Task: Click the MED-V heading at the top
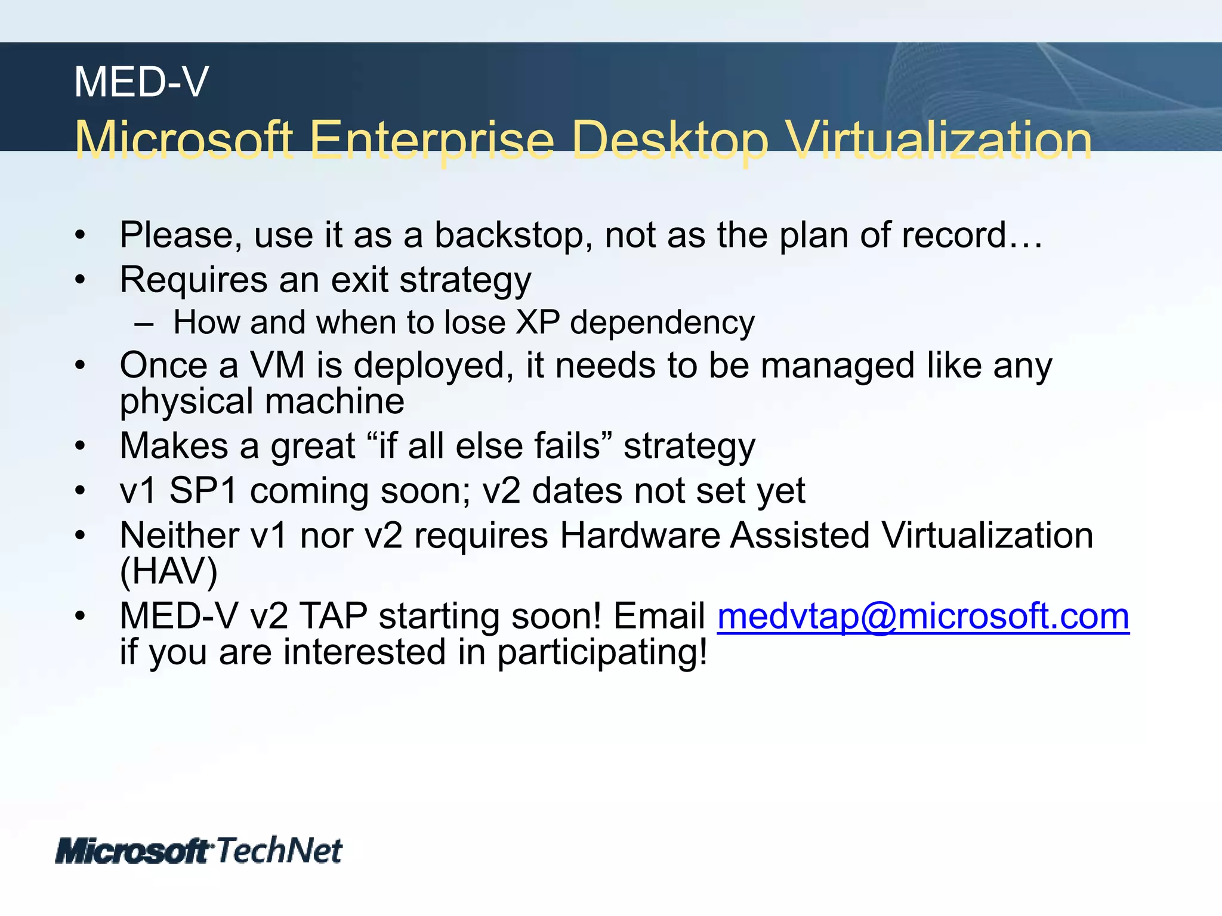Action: click(x=141, y=82)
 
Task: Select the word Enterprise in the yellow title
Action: click(x=432, y=141)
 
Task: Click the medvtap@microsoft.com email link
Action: click(x=922, y=616)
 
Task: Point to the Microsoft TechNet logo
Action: click(x=199, y=850)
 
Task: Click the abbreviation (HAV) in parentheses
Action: click(x=168, y=571)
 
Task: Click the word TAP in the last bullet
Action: click(x=333, y=616)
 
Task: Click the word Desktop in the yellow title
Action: click(x=669, y=141)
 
